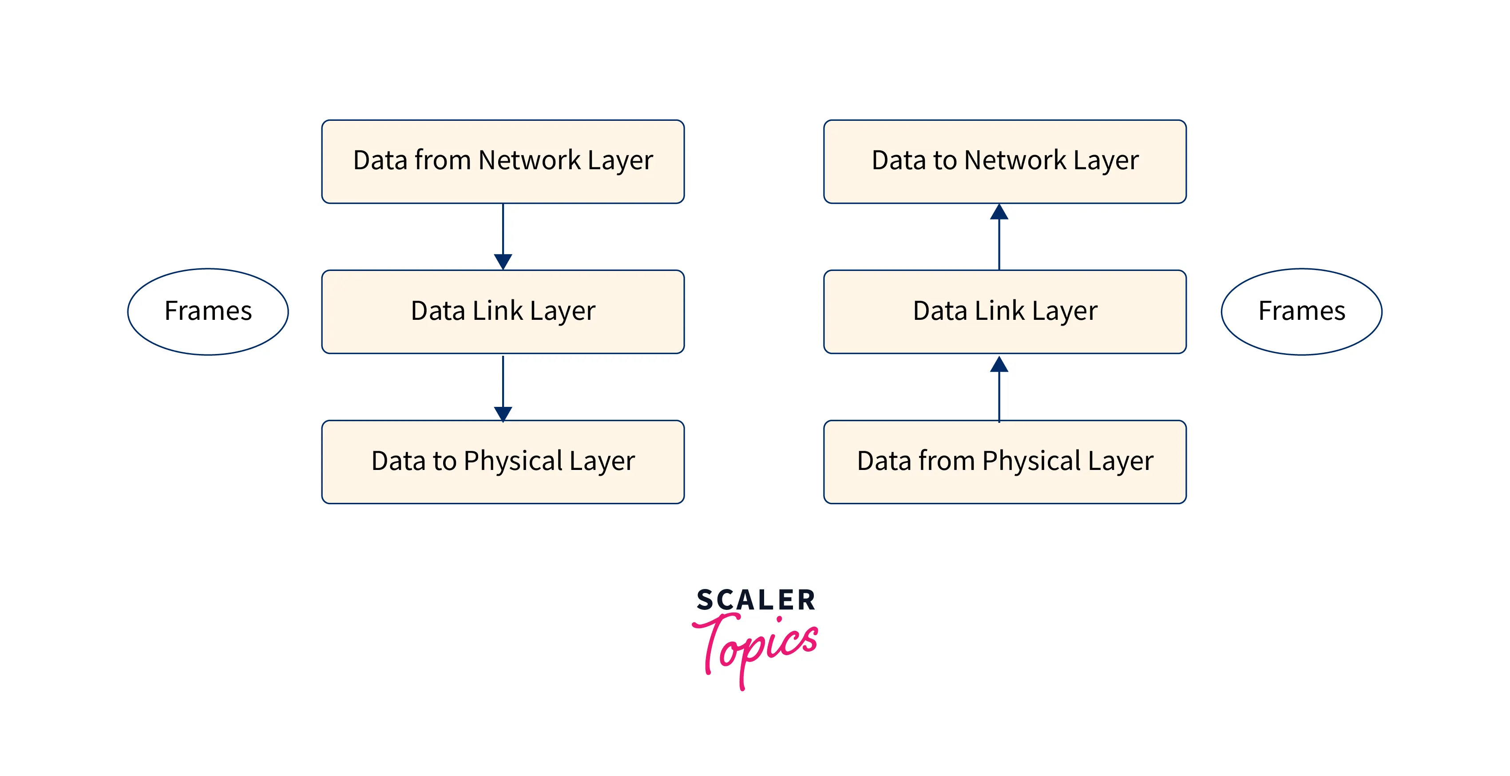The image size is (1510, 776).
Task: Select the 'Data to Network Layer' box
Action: pos(1004,161)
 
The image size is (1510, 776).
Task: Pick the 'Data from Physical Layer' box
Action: pos(1004,462)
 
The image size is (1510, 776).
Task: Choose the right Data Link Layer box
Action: pos(1004,311)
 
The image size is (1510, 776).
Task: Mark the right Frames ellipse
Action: pos(1301,311)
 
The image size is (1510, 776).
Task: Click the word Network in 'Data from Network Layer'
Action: pos(529,160)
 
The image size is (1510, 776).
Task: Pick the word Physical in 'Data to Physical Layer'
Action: pos(512,461)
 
